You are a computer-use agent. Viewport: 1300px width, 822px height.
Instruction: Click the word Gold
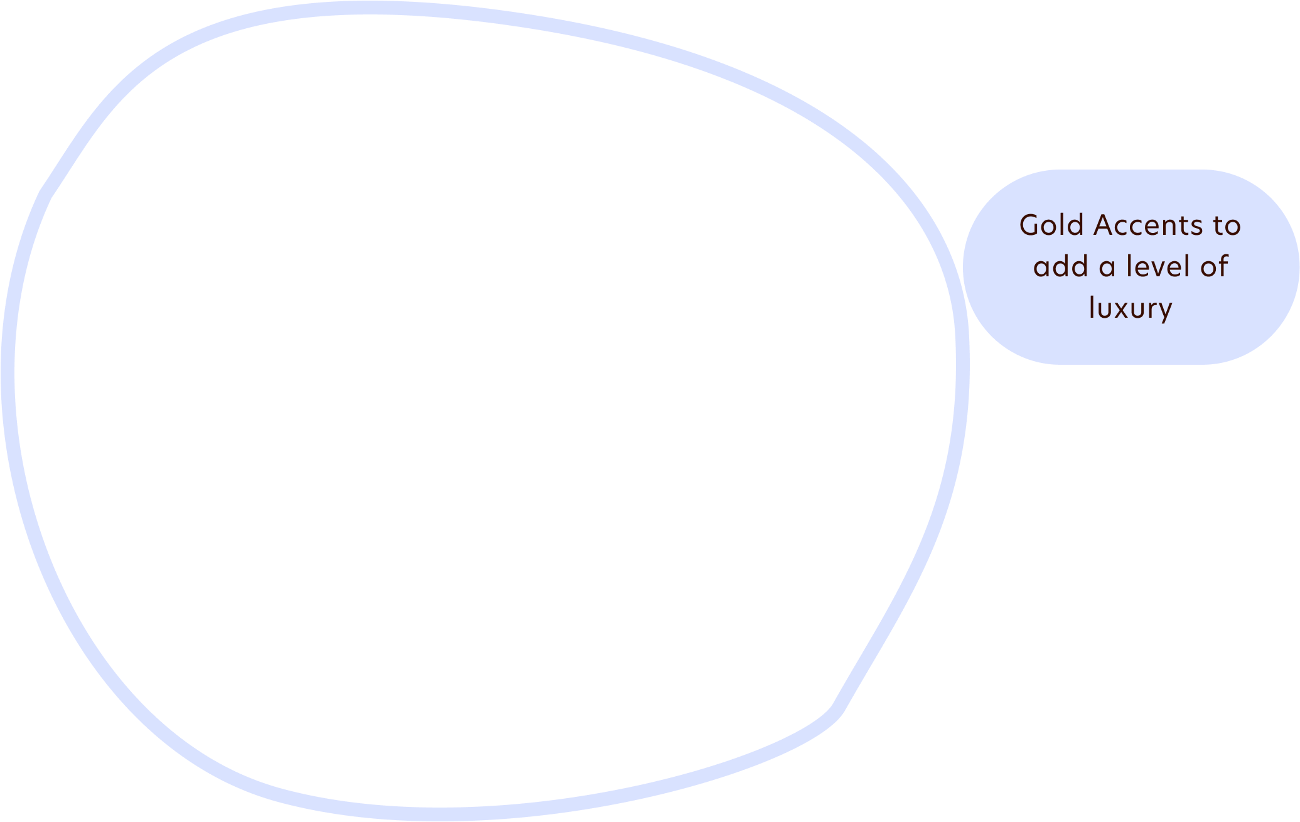coord(1052,225)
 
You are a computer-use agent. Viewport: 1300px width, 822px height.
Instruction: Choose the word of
coord(1214,266)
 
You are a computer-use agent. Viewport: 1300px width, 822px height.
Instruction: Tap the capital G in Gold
coord(1030,225)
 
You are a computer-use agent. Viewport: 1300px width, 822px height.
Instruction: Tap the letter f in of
coord(1223,266)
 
